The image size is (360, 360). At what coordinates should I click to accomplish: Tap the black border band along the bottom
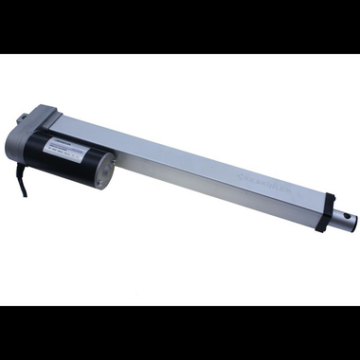point(180,333)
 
